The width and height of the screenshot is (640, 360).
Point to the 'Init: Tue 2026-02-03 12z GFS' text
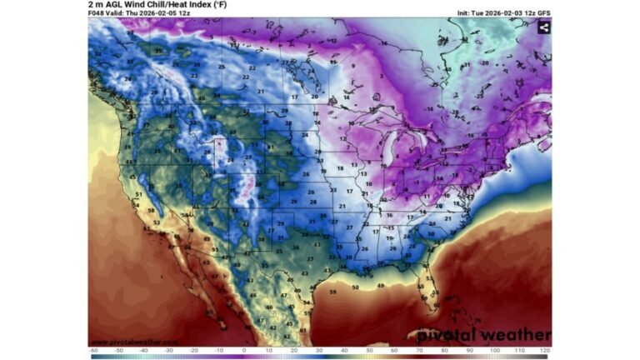click(503, 13)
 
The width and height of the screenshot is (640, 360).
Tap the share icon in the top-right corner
click(543, 27)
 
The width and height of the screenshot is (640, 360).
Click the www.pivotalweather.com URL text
click(133, 342)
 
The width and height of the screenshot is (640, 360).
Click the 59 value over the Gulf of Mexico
click(332, 292)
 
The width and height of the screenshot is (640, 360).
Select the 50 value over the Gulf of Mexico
click(355, 287)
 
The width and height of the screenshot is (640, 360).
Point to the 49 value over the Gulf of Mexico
click(380, 286)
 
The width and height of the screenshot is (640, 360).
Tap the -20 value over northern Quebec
click(483, 62)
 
